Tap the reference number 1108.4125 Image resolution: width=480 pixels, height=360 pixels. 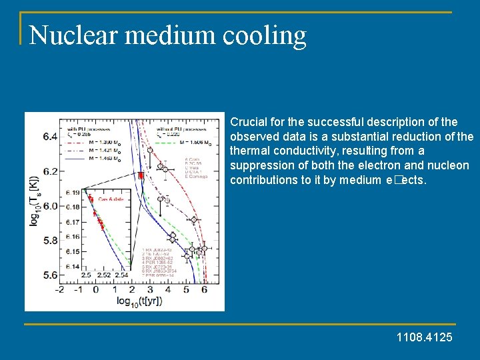[424, 337]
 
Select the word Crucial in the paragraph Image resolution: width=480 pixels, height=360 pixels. [247, 122]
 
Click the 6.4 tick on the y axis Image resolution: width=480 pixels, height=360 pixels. [51, 137]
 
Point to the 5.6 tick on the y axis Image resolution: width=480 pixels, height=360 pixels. [51, 274]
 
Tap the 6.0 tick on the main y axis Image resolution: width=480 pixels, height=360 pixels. [51, 205]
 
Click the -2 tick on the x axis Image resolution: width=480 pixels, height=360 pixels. [59, 289]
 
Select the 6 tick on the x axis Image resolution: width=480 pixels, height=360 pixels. [204, 289]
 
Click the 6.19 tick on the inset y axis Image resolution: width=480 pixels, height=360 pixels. [73, 193]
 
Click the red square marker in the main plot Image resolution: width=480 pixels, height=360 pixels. [141, 175]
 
